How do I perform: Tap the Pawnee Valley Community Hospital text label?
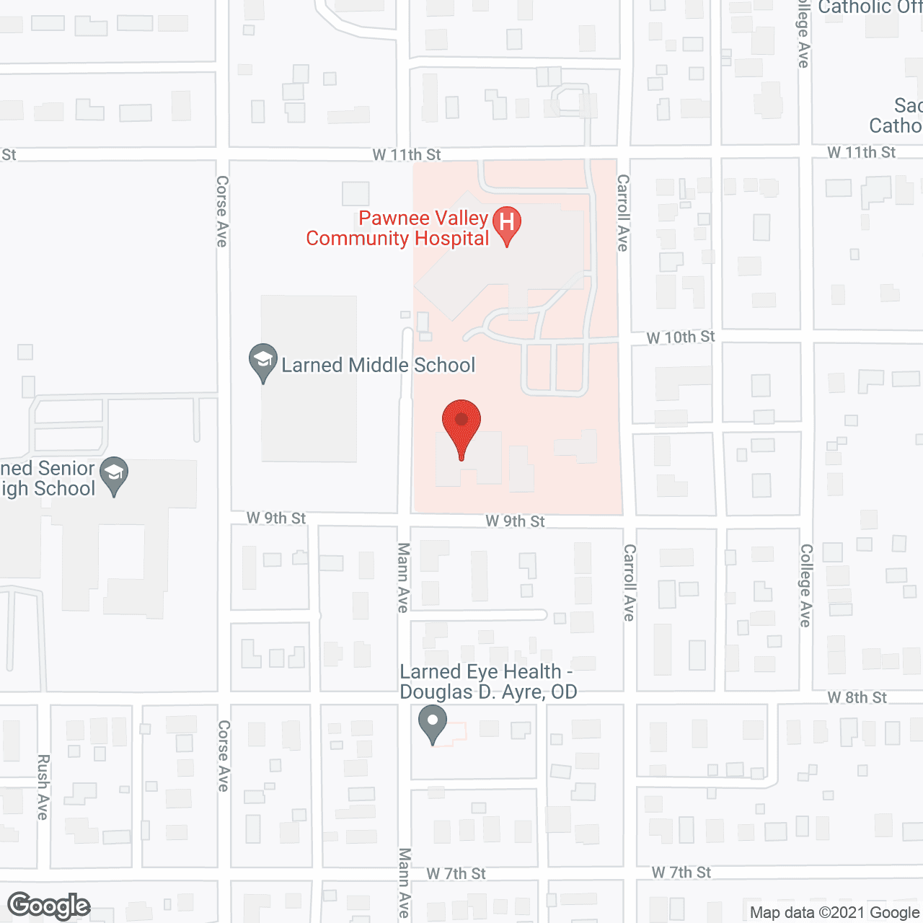(x=398, y=229)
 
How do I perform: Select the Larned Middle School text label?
(x=378, y=366)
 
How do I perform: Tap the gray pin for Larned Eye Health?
(x=433, y=723)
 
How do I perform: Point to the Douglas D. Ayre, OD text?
(x=488, y=692)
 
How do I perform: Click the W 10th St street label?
(x=681, y=337)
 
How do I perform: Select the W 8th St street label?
(x=857, y=697)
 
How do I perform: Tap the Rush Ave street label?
(x=43, y=787)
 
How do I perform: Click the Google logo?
(x=49, y=906)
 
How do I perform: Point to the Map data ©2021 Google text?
(x=834, y=913)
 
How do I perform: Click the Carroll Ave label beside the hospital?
(x=623, y=213)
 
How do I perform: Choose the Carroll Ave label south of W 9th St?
(x=629, y=583)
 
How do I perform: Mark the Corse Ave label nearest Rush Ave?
(x=224, y=756)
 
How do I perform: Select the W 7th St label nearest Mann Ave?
(x=456, y=874)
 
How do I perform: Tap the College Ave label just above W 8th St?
(x=805, y=586)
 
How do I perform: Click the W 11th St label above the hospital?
(x=407, y=155)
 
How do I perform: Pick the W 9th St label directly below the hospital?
(x=515, y=521)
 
